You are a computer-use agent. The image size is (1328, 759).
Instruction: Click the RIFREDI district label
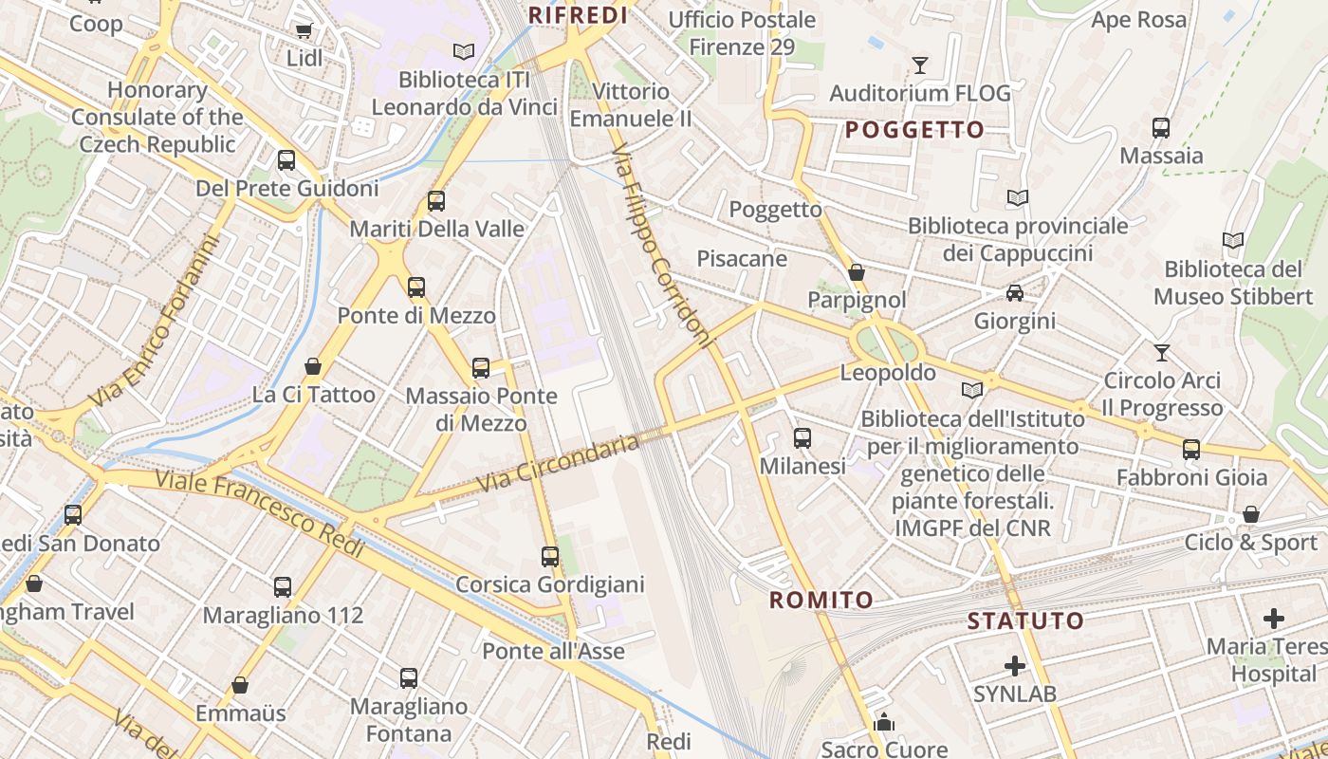(x=578, y=15)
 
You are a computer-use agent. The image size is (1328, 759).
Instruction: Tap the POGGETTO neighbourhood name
(x=914, y=130)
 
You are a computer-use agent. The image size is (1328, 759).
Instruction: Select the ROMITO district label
(x=821, y=600)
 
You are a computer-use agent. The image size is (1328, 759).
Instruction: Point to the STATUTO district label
(x=1025, y=621)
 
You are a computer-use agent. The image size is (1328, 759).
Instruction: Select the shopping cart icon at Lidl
(x=304, y=31)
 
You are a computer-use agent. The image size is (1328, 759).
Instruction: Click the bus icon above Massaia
(x=1160, y=128)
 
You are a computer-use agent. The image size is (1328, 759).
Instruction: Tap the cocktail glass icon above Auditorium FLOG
(x=919, y=65)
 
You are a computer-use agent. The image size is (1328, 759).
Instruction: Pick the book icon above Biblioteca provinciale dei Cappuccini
(x=1018, y=198)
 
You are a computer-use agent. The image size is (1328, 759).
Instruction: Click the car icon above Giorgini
(x=1015, y=293)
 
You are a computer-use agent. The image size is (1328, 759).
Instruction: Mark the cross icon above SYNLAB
(x=1015, y=666)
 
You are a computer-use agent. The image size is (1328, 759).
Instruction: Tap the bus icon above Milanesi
(x=802, y=438)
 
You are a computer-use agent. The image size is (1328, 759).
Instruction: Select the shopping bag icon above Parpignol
(x=857, y=273)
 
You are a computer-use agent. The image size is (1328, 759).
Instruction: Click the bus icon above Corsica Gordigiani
(x=550, y=557)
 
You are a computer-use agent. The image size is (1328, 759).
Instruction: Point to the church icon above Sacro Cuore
(x=884, y=723)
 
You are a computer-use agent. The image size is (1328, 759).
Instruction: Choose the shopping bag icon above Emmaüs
(x=240, y=685)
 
